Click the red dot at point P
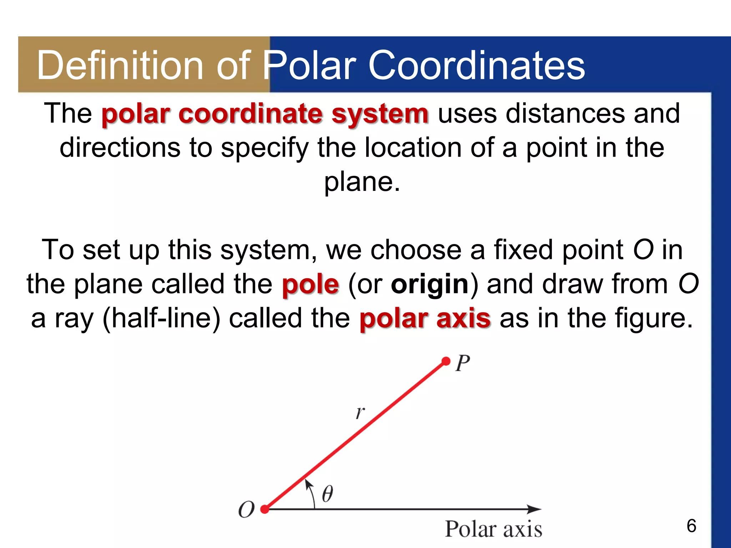[446, 361]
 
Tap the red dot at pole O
[265, 509]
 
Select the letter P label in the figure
[463, 363]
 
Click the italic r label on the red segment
[360, 413]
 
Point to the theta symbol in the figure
[327, 494]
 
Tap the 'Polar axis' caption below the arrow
[493, 529]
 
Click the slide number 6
[691, 526]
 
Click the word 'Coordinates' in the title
[477, 65]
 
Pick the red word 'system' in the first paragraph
[380, 114]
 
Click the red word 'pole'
[310, 284]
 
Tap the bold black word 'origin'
[430, 284]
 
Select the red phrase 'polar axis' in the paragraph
[425, 318]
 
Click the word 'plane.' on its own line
[362, 182]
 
